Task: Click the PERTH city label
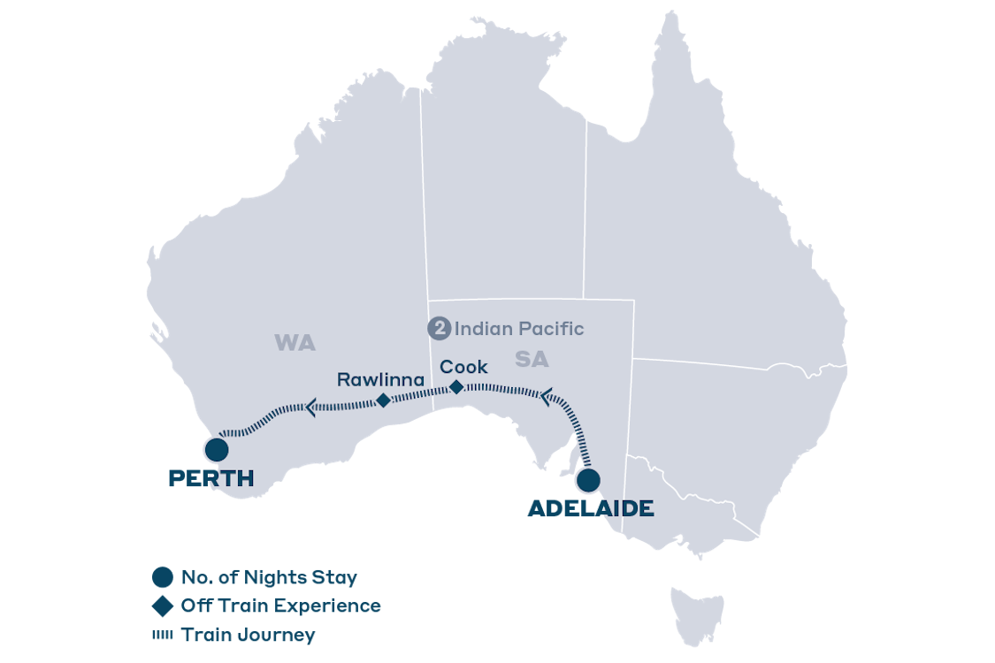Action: [211, 478]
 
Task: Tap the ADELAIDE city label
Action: [591, 508]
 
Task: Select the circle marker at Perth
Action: [216, 449]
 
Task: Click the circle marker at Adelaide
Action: [588, 481]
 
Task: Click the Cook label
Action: [463, 366]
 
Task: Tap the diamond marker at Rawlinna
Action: [383, 400]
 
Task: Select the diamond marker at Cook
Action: [456, 386]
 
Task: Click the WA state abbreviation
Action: [295, 343]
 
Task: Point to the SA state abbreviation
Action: [531, 360]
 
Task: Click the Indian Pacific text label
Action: [519, 329]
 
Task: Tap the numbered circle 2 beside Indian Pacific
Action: [439, 329]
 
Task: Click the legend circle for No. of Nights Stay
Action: [162, 577]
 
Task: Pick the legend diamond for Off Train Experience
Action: [162, 606]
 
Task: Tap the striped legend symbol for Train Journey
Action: [162, 635]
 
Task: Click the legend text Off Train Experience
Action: [280, 606]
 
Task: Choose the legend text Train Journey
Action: [248, 635]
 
